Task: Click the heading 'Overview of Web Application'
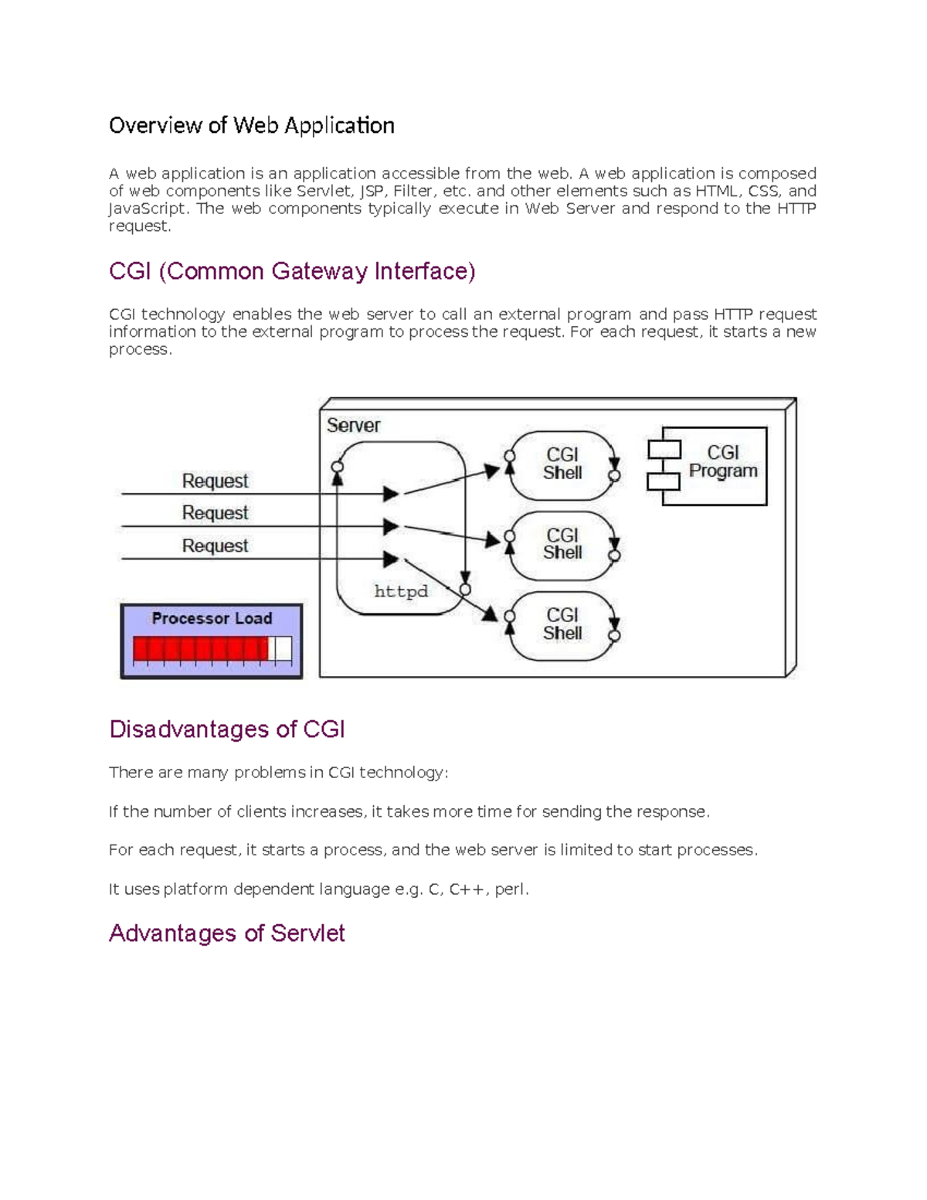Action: point(251,125)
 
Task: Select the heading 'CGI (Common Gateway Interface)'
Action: point(292,271)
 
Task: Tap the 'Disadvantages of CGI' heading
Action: point(226,729)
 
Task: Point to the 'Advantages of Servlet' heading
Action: point(226,933)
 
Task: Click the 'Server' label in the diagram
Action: point(353,425)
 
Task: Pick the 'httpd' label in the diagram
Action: point(400,591)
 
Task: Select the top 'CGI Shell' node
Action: point(562,464)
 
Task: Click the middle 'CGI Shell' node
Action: point(562,544)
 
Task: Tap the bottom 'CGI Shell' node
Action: point(562,624)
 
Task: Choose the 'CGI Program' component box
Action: point(722,462)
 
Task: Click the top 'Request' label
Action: point(215,481)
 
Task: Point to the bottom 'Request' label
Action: point(215,546)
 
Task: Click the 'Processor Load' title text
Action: point(212,618)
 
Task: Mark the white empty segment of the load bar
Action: point(283,649)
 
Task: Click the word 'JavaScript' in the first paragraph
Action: point(147,209)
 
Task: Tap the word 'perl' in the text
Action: point(509,889)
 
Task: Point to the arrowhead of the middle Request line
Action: point(391,527)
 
